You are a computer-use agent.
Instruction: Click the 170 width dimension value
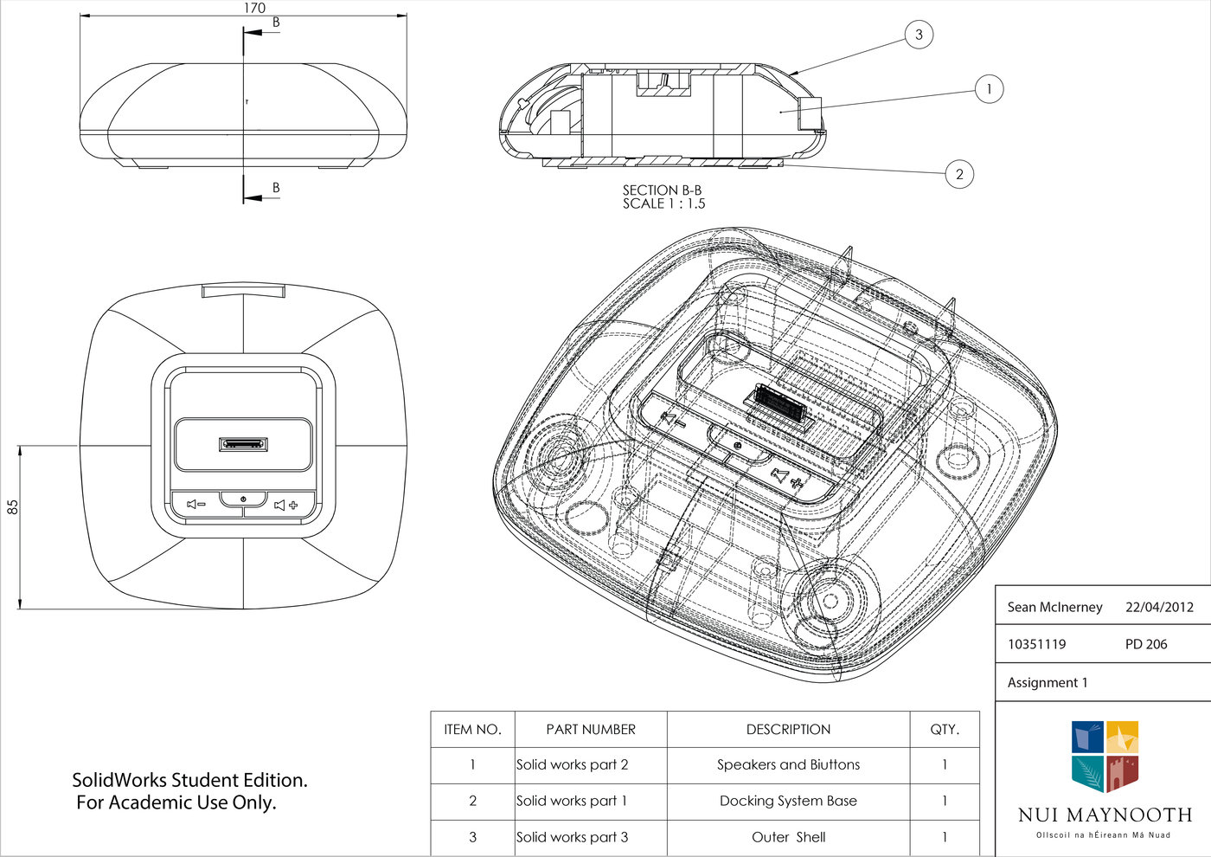[x=254, y=9]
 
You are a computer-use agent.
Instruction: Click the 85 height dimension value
[x=13, y=507]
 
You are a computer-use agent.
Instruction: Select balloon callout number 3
[x=919, y=35]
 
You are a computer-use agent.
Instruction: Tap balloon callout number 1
[x=989, y=89]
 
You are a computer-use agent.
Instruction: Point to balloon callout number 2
[x=959, y=174]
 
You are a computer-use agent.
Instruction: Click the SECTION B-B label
[x=662, y=190]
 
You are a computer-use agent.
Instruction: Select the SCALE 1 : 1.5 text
[x=663, y=204]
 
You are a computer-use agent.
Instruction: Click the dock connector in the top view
[x=243, y=444]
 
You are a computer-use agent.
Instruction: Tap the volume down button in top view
[x=196, y=505]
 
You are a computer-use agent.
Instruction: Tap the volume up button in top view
[x=286, y=505]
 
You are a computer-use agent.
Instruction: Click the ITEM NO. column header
[x=472, y=730]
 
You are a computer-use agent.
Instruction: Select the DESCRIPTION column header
[x=788, y=730]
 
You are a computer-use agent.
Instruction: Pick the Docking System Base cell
[x=788, y=802]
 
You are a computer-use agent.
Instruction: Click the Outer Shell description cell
[x=788, y=838]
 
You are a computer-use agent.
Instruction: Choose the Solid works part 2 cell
[x=573, y=765]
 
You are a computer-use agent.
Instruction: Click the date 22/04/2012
[x=1159, y=608]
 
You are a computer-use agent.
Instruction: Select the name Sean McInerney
[x=1054, y=608]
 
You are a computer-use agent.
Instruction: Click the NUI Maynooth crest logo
[x=1105, y=757]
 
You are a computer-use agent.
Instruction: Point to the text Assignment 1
[x=1048, y=683]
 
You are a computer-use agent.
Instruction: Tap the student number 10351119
[x=1036, y=645]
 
